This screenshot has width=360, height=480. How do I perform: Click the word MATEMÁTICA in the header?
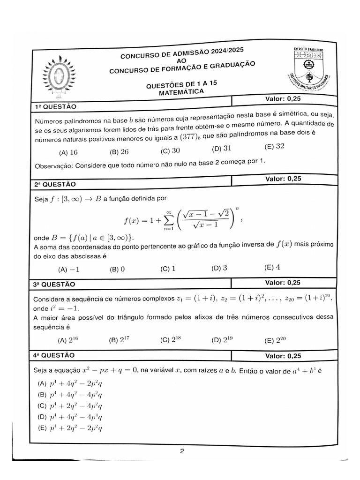tap(181, 93)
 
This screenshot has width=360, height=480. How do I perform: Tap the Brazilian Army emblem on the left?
tap(59, 75)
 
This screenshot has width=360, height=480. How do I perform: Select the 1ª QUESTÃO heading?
tap(55, 107)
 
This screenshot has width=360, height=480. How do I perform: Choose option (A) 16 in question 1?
tap(68, 152)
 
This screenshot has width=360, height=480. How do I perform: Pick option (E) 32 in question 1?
tap(274, 146)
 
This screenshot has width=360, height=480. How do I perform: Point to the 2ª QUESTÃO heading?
tap(55, 184)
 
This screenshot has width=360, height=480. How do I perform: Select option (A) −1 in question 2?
tap(68, 270)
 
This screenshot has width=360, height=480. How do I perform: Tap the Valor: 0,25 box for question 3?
tap(283, 282)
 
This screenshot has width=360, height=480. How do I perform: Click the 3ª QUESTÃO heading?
tap(54, 284)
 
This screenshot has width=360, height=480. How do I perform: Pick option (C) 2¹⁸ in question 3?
tap(170, 340)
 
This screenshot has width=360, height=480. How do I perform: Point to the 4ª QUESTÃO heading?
tap(54, 355)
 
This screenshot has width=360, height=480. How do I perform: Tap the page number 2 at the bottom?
tap(181, 452)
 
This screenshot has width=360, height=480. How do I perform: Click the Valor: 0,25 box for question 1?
tap(283, 99)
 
